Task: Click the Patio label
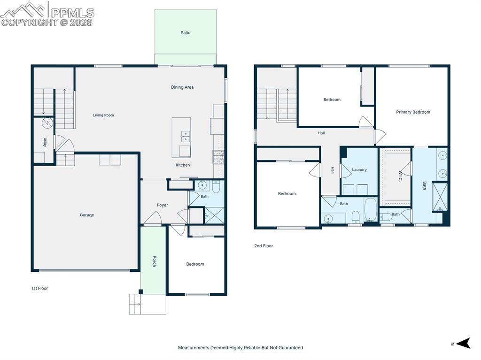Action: pos(186,33)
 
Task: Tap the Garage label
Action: pos(86,215)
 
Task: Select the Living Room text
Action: pos(103,115)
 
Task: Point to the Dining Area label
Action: pos(182,87)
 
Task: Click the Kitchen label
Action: pos(183,165)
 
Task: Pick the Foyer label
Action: pos(163,205)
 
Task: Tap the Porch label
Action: pos(154,261)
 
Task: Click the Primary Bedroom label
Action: pos(413,112)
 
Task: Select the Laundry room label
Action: pos(359,170)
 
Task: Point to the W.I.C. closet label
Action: pos(401,176)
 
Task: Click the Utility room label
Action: pos(45,142)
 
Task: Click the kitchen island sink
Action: pos(186,136)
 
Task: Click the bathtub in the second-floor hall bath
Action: pos(370,210)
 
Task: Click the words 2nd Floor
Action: pos(263,246)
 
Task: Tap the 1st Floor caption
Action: pos(39,288)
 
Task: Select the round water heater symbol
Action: pos(47,123)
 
